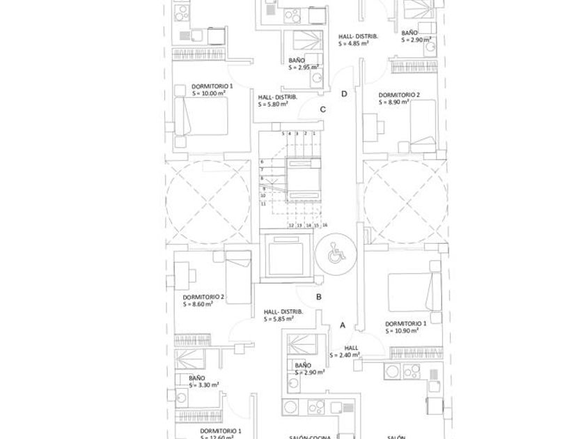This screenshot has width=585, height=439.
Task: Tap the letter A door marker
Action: pos(342,325)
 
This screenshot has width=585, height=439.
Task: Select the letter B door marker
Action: pos(318,298)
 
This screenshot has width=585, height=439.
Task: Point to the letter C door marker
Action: pos(323,109)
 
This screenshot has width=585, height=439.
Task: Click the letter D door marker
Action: pos(344,94)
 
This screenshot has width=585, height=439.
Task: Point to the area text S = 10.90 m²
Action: pos(406,330)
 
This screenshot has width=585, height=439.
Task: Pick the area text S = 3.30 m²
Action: pos(204,384)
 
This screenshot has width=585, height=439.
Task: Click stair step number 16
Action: pos(325,225)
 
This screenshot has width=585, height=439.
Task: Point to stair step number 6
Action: pos(262,162)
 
